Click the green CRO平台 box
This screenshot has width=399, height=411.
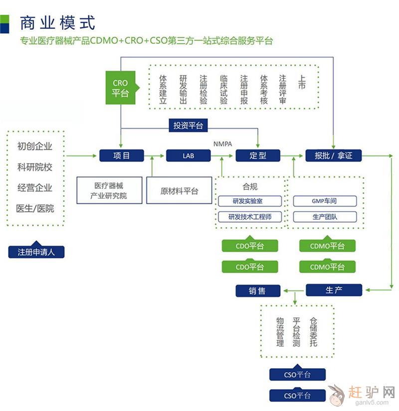pos(120,88)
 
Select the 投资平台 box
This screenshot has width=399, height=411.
pos(188,126)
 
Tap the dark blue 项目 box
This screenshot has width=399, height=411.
pos(122,155)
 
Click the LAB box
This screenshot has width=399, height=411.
pos(188,155)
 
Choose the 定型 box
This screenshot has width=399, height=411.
pos(258,155)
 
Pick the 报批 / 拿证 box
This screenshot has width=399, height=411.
pos(333,155)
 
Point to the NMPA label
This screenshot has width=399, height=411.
pos(222,144)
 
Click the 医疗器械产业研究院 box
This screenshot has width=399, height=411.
pos(108,190)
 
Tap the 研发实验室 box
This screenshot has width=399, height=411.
pos(250,201)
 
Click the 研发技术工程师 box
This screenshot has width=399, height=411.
pos(250,217)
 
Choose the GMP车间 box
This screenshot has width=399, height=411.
pos(324,201)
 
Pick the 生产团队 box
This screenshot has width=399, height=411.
pos(324,217)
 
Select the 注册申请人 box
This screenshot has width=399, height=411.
pos(36,252)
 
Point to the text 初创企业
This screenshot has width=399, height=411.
pos(35,146)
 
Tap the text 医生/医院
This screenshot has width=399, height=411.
pos(35,208)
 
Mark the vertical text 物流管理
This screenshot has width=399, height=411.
pos(280,332)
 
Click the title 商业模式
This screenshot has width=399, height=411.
pos(57,22)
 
